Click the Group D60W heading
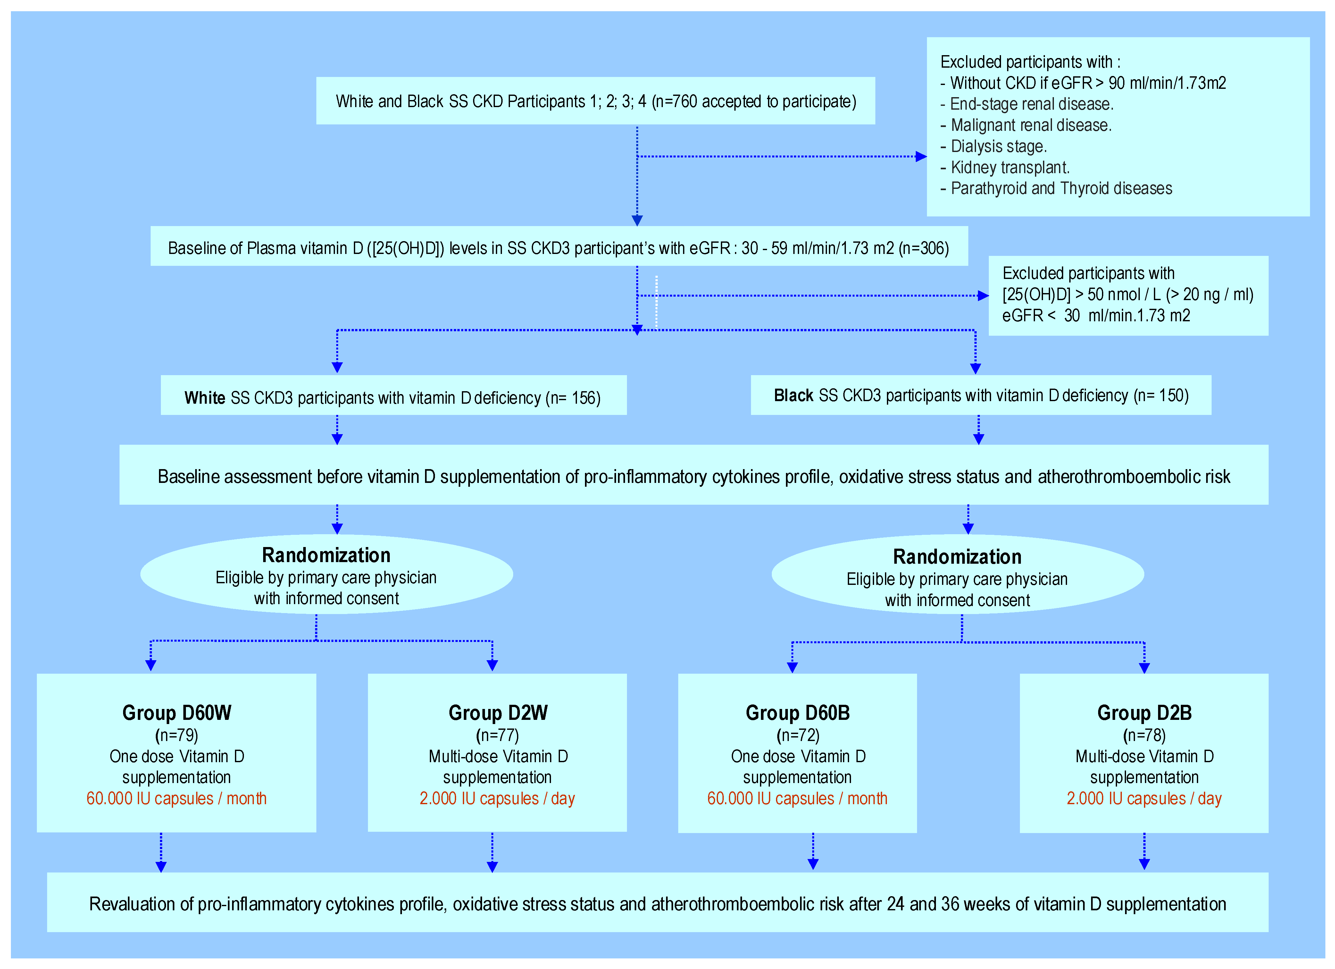pos(177,713)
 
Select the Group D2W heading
pos(498,713)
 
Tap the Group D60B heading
pos(797,713)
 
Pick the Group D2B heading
pos(1144,713)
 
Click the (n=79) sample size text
pos(177,735)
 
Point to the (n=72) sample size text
pos(797,735)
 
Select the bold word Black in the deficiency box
pos(793,396)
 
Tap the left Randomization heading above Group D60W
pos(326,555)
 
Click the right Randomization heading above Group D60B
pos(957,557)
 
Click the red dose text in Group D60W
pos(177,799)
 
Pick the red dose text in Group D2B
pos(1144,799)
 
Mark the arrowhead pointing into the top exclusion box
pos(921,156)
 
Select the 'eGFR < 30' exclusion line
pos(1096,316)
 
